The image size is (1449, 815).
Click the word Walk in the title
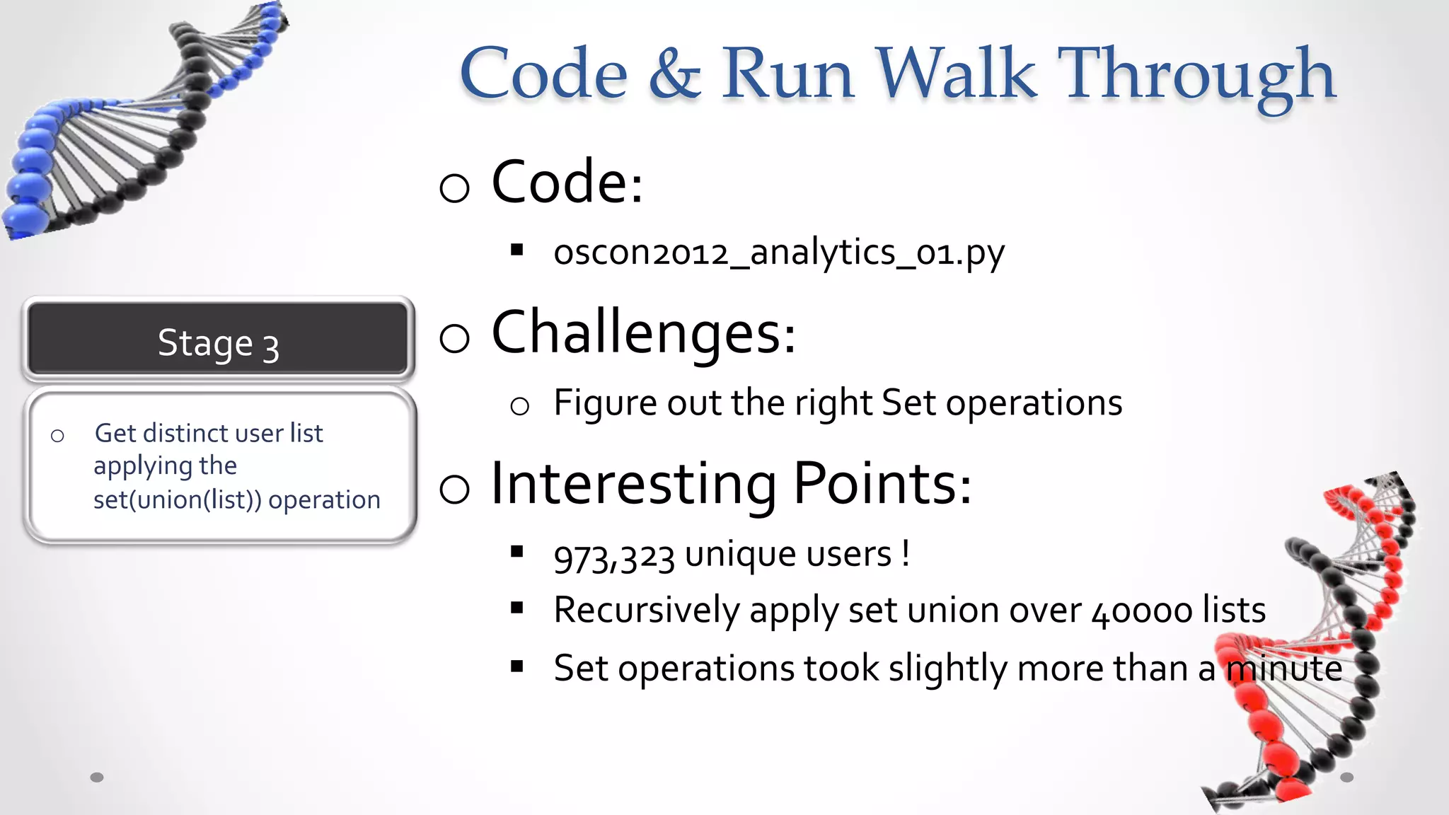(x=956, y=73)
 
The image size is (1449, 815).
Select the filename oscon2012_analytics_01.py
(x=778, y=253)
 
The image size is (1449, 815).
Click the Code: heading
(x=567, y=183)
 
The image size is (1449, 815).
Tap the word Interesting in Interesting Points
(x=633, y=484)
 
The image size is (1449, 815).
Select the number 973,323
(x=614, y=557)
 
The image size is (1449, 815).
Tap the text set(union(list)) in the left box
(x=177, y=500)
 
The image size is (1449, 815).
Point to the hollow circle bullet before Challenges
(x=454, y=337)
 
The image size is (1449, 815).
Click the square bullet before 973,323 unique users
(x=517, y=552)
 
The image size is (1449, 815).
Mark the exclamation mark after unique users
(x=906, y=553)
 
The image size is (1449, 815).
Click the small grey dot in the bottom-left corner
(x=97, y=778)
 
